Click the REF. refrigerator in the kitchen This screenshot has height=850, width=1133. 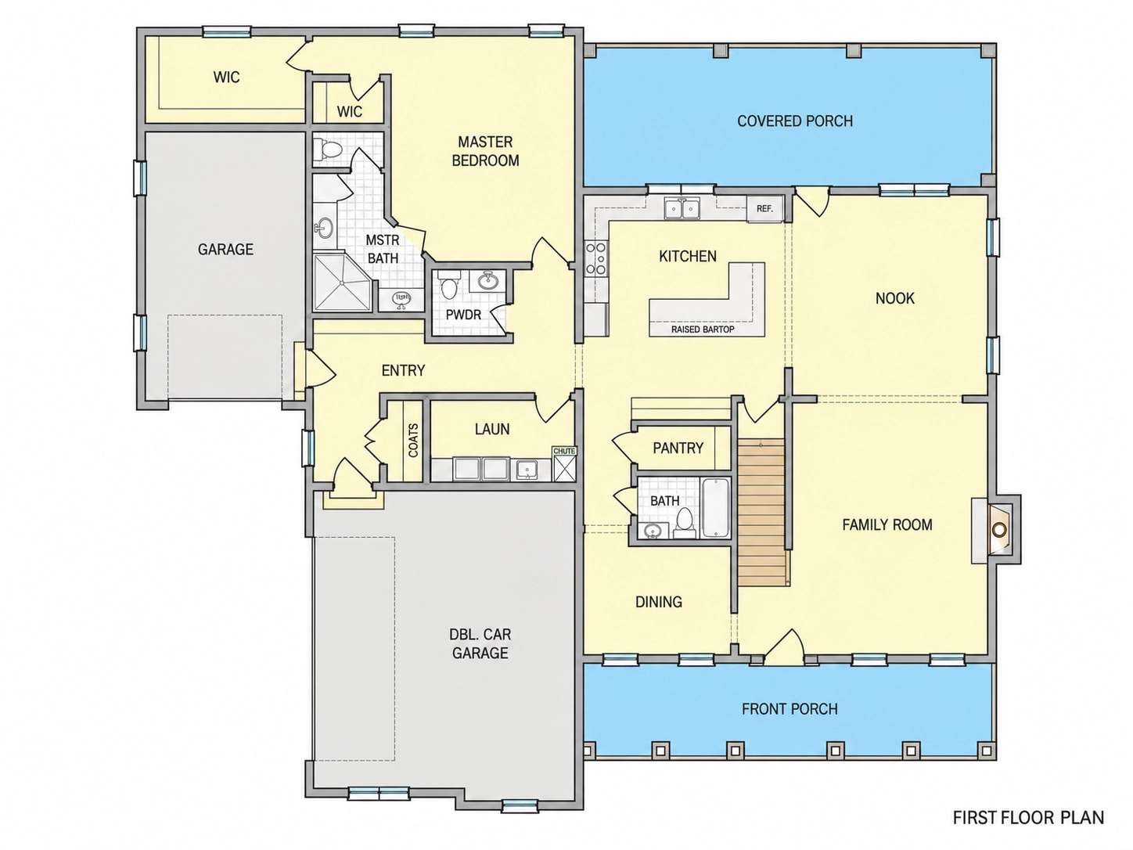[x=764, y=209]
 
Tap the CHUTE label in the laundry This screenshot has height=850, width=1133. [x=563, y=451]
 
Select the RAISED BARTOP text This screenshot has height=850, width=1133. [x=703, y=330]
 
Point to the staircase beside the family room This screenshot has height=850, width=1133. [x=763, y=512]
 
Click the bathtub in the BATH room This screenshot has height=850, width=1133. [x=715, y=508]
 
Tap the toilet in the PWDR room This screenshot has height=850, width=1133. [x=449, y=287]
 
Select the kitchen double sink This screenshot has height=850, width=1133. [x=682, y=209]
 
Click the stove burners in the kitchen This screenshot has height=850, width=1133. [x=595, y=258]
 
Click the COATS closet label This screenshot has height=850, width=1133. [x=413, y=440]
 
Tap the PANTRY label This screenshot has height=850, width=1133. [x=678, y=448]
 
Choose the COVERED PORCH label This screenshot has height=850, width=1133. [x=795, y=121]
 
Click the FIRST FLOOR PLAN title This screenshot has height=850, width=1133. [x=1028, y=818]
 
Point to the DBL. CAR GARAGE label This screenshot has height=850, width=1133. [x=480, y=643]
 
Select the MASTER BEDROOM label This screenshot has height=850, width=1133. [x=485, y=151]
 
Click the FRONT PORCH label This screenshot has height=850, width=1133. [x=790, y=709]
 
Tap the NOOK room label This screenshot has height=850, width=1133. [x=894, y=298]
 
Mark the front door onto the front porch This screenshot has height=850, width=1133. [x=783, y=647]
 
